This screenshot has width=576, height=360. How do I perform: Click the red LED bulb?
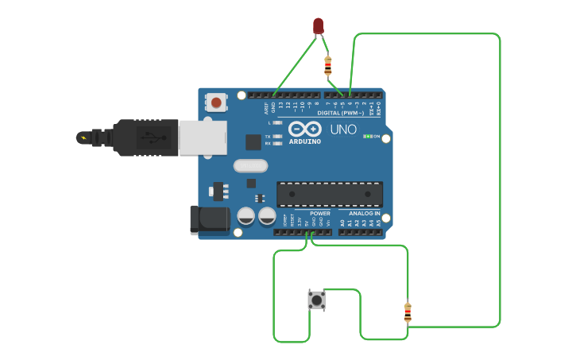click(x=319, y=25)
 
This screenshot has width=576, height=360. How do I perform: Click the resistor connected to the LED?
click(x=328, y=65)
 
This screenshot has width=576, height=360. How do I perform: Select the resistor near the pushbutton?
click(x=408, y=312)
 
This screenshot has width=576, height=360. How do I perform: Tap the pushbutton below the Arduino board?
click(x=316, y=300)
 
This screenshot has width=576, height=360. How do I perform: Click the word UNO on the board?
click(x=343, y=130)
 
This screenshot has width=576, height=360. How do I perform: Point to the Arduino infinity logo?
click(x=304, y=129)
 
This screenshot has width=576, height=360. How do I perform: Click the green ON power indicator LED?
click(x=367, y=137)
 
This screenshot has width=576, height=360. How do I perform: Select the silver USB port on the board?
click(x=203, y=137)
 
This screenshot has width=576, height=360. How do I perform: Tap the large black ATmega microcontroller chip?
click(x=330, y=194)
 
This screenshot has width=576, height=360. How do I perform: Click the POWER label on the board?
click(x=320, y=213)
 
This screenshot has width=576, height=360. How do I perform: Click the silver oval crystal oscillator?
click(x=251, y=166)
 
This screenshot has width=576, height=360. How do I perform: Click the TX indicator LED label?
click(x=268, y=137)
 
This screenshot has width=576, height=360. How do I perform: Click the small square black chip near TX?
click(x=253, y=142)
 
